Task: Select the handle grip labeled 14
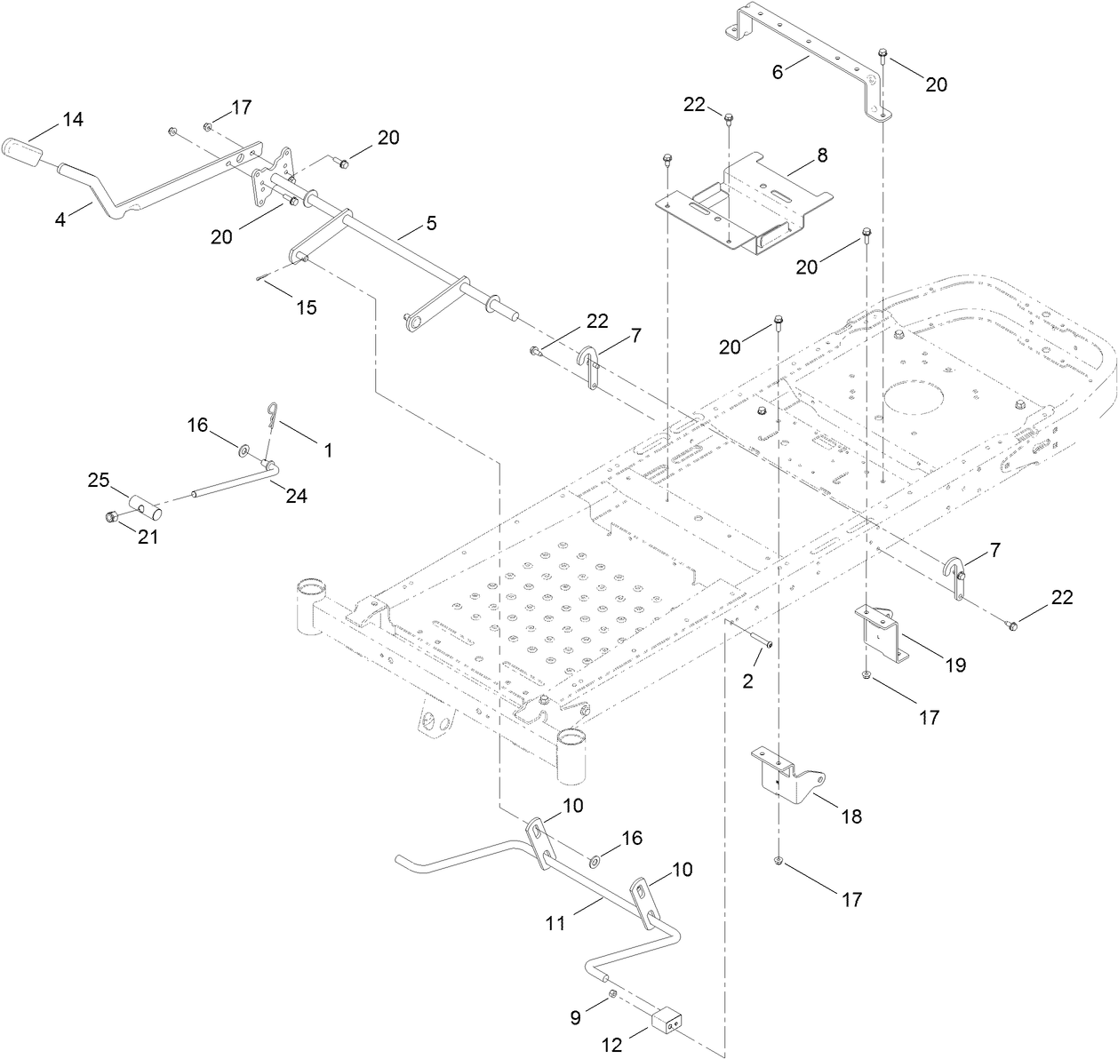30,152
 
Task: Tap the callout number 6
778,72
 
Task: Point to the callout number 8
822,155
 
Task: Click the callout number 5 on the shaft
431,223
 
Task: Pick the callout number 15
306,307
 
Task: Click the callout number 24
296,496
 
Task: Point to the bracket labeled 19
884,633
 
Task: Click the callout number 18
851,816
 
